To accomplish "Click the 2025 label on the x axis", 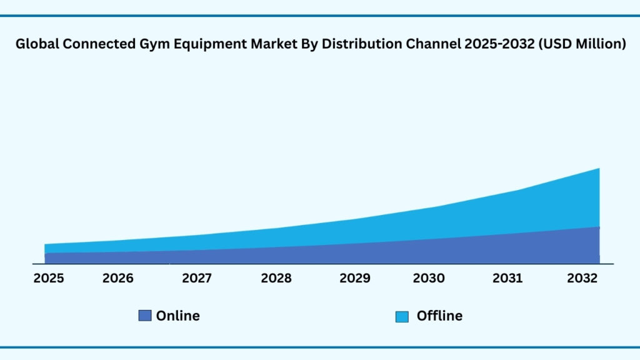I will click(48, 278).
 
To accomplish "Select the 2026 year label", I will click(118, 278).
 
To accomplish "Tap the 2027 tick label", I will click(197, 278).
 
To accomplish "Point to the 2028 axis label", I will click(276, 278).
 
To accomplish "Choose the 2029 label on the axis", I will click(355, 278).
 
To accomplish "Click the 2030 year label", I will click(429, 278).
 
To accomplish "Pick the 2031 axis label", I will click(507, 278).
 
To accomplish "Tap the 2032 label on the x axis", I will click(582, 278).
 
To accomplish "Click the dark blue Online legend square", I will click(145, 316).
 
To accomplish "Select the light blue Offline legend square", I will click(402, 317).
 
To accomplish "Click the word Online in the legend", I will click(178, 316).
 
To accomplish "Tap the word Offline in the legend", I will click(439, 316).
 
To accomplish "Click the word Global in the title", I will click(37, 44).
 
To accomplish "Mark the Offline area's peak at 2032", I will click(599, 169).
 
